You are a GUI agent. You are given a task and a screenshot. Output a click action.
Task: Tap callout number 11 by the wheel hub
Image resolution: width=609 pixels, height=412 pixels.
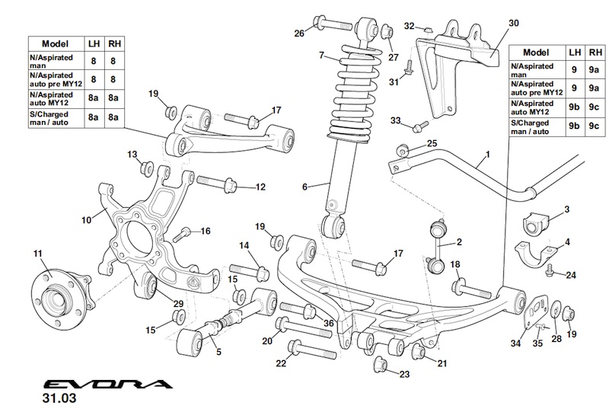click(x=38, y=253)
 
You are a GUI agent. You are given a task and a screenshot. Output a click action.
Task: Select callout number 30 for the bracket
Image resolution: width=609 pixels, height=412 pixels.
click(x=514, y=24)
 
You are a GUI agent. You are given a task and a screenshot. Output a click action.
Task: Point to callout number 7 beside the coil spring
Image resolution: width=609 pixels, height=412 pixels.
click(x=322, y=55)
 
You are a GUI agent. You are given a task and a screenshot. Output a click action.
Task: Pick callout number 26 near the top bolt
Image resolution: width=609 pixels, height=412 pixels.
click(x=299, y=32)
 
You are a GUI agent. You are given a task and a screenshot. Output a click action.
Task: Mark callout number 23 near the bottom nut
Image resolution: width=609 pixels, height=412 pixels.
click(x=403, y=374)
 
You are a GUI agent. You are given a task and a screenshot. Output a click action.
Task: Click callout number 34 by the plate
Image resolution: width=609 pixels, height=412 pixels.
click(x=516, y=343)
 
